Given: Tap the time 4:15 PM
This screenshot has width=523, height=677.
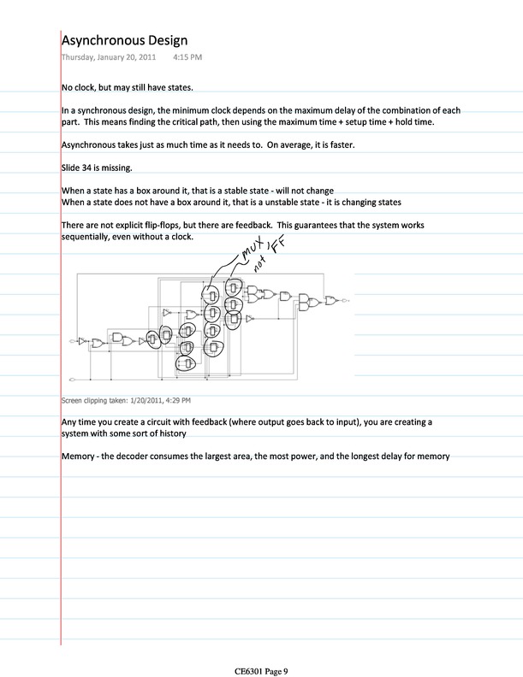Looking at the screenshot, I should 187,57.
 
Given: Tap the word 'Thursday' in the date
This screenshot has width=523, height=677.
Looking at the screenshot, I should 79,57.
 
